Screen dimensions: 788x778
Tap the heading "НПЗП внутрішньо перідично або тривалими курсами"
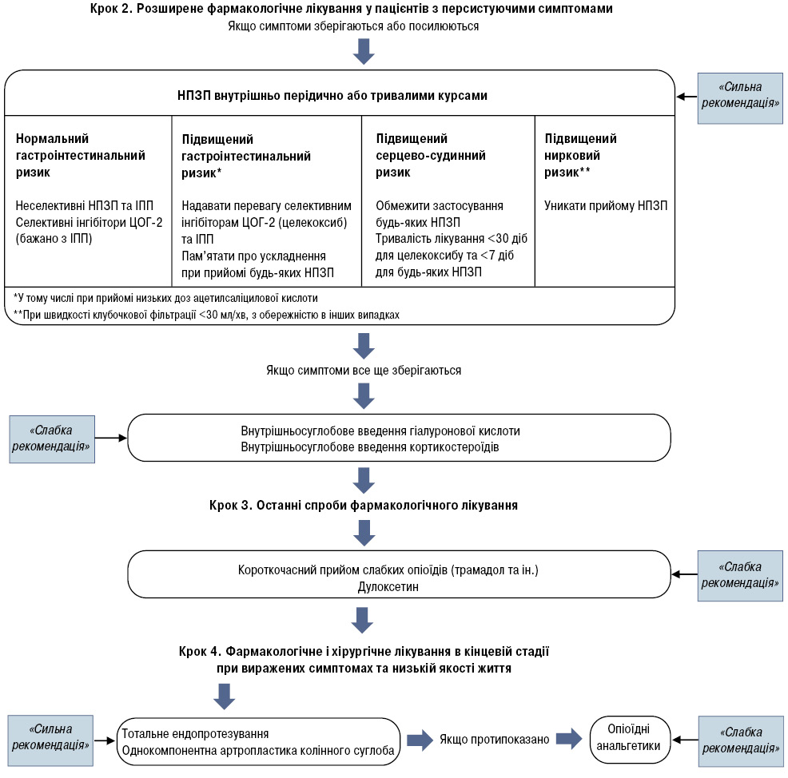click(332, 95)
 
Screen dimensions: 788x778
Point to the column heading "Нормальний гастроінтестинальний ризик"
click(81, 155)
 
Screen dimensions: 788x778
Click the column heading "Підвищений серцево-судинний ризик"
click(431, 155)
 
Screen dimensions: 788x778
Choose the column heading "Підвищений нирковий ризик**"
click(580, 155)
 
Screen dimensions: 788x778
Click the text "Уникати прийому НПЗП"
click(606, 205)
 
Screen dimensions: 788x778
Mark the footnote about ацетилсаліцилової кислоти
click(165, 298)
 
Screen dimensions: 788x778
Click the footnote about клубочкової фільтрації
click(206, 315)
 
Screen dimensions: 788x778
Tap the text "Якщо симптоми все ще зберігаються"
click(364, 370)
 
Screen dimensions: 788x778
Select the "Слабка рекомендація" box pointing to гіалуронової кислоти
click(52, 439)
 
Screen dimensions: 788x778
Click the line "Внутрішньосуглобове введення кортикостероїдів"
click(370, 447)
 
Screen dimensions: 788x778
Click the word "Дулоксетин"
click(388, 586)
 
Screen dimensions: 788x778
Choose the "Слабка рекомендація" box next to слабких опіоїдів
click(740, 576)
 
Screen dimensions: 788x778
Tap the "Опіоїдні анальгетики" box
click(631, 740)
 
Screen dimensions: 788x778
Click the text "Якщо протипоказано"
click(495, 740)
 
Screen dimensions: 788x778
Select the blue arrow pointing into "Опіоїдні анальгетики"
click(569, 739)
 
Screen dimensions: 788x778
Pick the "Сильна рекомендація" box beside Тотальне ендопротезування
click(51, 740)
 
